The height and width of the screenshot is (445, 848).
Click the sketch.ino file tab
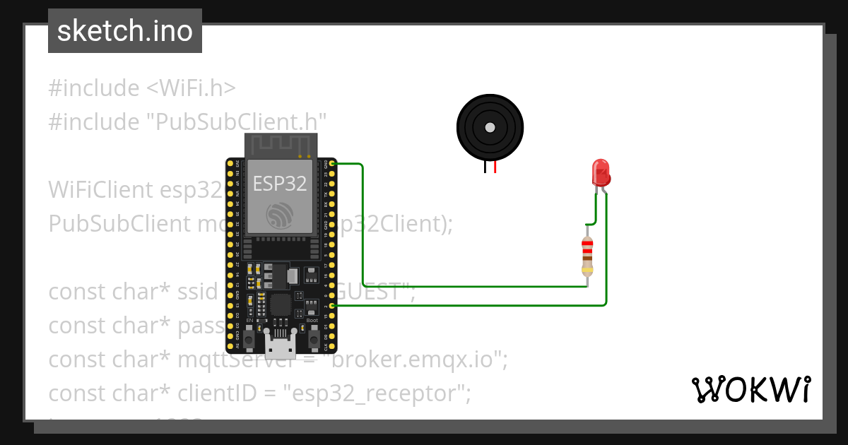coord(125,31)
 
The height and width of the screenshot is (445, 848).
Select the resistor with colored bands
coord(587,256)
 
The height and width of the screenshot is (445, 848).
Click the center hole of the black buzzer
coord(490,127)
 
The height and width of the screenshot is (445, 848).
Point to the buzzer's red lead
coord(495,167)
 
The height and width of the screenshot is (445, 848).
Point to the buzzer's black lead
coord(485,167)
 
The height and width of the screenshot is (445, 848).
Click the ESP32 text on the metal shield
coord(281,184)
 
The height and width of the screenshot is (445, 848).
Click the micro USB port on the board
coord(281,347)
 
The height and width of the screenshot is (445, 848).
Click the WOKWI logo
coord(750,390)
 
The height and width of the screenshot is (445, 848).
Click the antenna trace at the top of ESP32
coord(281,145)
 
